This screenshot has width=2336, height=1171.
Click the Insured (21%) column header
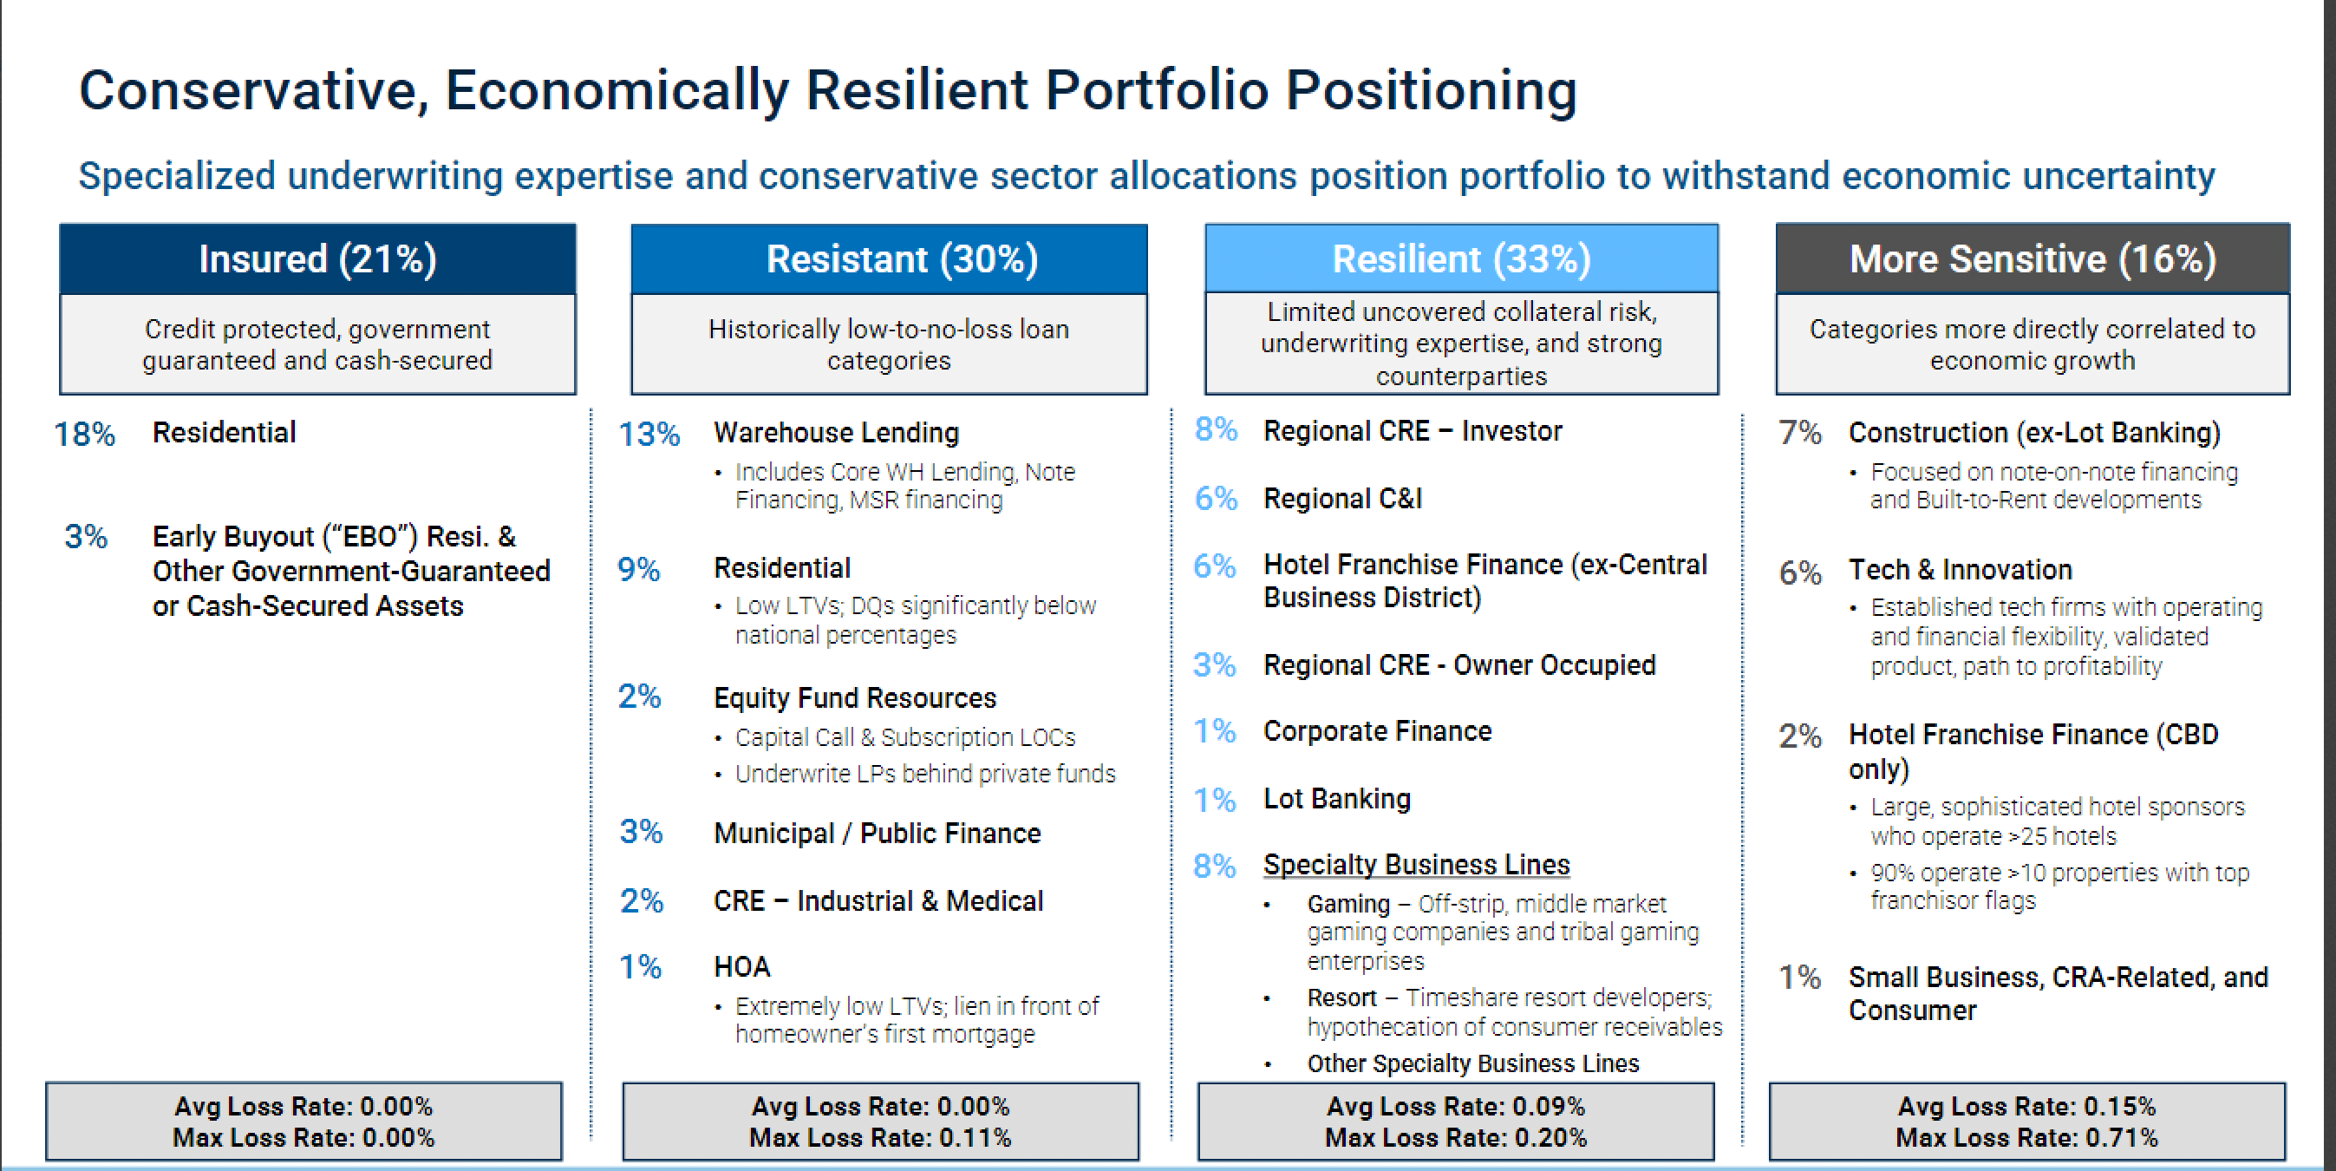click(x=317, y=259)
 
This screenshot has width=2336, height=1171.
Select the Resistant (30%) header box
click(x=889, y=259)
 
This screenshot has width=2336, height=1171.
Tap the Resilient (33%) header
click(x=1462, y=258)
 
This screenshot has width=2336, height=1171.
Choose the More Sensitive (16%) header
click(x=2033, y=259)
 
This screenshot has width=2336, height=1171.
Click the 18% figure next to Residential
click(x=84, y=435)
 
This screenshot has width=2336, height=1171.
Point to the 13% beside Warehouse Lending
click(x=649, y=435)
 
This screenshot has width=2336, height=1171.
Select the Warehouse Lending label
click(x=836, y=433)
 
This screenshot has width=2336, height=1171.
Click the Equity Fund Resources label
click(x=855, y=697)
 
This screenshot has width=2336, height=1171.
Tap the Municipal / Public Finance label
click(x=878, y=833)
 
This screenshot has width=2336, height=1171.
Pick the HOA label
click(x=741, y=967)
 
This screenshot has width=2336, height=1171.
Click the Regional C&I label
click(x=1343, y=498)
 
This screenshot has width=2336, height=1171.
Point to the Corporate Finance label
click(x=1378, y=731)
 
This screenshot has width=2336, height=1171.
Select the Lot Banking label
click(x=1338, y=798)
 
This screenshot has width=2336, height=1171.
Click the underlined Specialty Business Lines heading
click(x=1417, y=865)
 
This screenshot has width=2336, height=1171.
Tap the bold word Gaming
click(x=1348, y=905)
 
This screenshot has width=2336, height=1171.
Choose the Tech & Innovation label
click(x=1961, y=570)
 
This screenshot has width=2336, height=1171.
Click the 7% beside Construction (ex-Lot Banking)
click(x=1800, y=433)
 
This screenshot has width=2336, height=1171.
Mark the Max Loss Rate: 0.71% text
click(x=2026, y=1137)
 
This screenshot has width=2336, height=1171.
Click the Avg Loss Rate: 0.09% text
click(x=1456, y=1107)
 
